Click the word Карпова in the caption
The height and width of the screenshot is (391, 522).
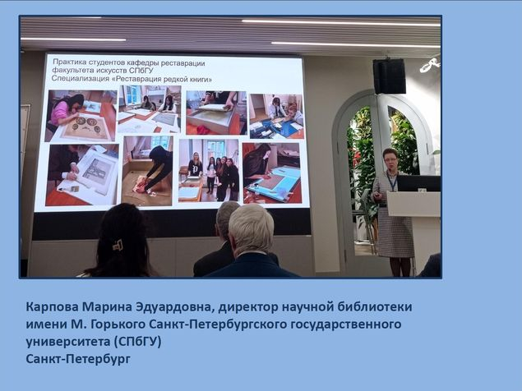(x=52, y=307)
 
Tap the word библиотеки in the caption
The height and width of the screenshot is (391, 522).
(x=375, y=306)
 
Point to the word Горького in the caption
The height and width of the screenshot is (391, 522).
(x=117, y=324)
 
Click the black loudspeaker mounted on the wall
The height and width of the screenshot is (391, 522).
(x=389, y=76)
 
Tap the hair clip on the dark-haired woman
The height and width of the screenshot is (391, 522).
(x=118, y=246)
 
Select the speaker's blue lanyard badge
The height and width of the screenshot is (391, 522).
(x=392, y=182)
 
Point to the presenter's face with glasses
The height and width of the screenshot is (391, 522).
(x=390, y=161)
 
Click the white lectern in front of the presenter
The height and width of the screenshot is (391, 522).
(x=413, y=204)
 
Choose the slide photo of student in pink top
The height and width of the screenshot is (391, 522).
(x=81, y=116)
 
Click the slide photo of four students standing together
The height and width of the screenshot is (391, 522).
(x=209, y=170)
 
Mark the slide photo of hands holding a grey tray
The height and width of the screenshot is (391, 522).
(x=215, y=113)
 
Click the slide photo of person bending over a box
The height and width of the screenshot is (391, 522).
(x=147, y=170)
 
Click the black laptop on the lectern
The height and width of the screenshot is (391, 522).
(x=418, y=183)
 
